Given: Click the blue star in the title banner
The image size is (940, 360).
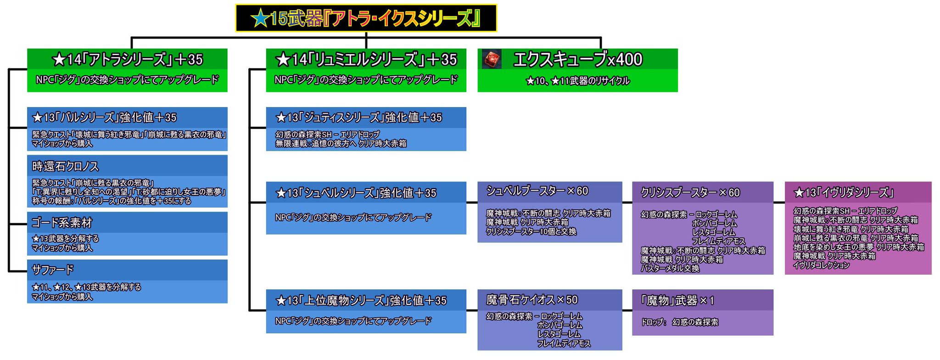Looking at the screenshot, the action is click(260, 18).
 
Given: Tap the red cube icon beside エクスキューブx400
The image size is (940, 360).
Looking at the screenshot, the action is click(492, 60).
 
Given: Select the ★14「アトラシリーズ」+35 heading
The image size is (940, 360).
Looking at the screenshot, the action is click(127, 59).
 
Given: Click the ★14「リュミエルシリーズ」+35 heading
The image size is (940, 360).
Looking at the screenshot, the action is click(366, 59).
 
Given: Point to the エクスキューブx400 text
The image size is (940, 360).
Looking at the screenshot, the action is click(577, 59).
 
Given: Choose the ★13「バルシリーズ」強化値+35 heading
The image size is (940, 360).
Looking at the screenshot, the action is click(104, 118).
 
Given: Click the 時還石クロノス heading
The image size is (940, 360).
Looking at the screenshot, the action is click(65, 166).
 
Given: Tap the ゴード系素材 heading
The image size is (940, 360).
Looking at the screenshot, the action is click(62, 223).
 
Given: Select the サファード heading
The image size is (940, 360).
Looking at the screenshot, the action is click(53, 270).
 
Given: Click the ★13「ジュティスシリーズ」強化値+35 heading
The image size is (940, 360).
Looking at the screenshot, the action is click(358, 118).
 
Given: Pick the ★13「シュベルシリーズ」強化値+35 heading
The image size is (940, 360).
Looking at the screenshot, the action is click(356, 193).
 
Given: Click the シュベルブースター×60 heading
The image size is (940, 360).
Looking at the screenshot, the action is click(537, 191).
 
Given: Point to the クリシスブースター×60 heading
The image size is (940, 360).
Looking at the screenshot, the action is click(690, 192).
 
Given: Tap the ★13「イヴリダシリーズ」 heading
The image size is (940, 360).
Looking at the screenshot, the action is click(844, 192).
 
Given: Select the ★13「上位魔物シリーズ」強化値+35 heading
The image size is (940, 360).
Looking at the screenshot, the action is click(361, 301).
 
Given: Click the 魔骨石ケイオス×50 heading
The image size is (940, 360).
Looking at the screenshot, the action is click(532, 300).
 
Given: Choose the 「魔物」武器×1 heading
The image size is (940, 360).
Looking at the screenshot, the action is click(677, 301).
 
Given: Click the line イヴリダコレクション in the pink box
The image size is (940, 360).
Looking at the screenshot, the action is click(822, 265).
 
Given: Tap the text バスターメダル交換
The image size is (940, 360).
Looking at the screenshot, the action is click(670, 269).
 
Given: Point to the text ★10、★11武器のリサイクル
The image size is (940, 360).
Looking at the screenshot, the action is click(577, 81).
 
